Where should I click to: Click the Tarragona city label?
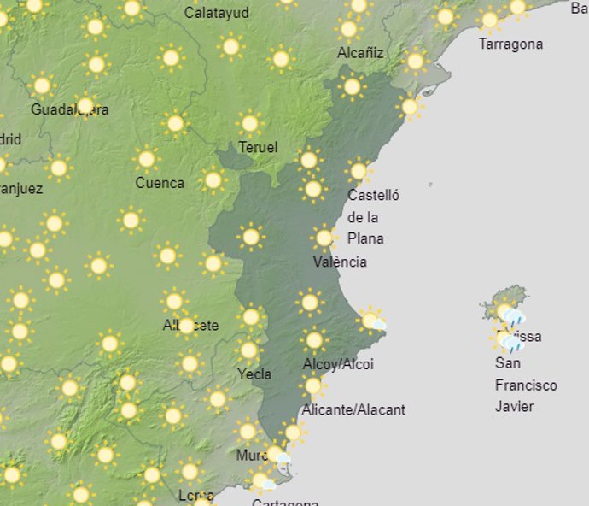510,44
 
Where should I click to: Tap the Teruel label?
258,147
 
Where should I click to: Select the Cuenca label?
160,182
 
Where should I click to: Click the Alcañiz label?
360,53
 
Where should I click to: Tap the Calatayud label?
217,13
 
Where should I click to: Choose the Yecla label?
254,374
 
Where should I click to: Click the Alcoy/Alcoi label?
338,364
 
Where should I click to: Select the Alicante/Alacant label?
353,409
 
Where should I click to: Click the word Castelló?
373,195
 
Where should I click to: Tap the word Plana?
365,238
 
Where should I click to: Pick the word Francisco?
526,385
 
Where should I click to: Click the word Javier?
514,406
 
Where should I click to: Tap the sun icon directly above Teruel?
249,123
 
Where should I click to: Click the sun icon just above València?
324,238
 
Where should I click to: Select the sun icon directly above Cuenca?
147,159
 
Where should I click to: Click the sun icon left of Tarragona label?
489,21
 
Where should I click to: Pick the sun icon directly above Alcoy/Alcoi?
314,340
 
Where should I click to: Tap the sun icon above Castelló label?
359,171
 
